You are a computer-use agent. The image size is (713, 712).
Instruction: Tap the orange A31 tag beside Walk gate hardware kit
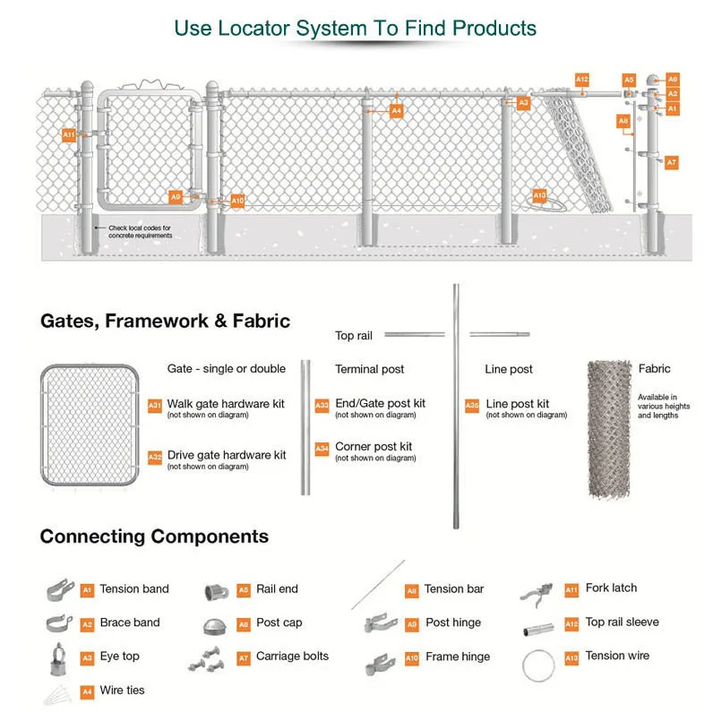click(x=155, y=406)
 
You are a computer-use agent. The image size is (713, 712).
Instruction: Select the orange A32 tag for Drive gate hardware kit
click(x=155, y=458)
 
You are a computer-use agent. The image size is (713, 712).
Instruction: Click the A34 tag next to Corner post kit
click(x=322, y=449)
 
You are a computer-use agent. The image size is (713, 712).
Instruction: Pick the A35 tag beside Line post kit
click(x=472, y=406)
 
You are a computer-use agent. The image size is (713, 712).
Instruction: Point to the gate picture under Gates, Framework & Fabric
click(x=90, y=425)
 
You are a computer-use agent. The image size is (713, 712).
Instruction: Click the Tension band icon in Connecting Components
click(x=59, y=589)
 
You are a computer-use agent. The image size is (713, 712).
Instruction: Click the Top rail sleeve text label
click(x=622, y=622)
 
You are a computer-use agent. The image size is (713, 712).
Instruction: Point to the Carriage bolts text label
click(x=292, y=656)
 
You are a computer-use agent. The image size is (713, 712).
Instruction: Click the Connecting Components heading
click(x=154, y=536)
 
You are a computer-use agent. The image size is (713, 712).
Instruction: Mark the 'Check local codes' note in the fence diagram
click(x=141, y=231)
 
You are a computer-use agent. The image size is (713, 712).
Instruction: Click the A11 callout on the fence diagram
click(x=69, y=134)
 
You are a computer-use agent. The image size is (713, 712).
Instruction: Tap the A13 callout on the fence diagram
click(x=539, y=195)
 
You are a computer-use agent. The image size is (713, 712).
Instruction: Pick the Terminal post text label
click(x=369, y=369)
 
